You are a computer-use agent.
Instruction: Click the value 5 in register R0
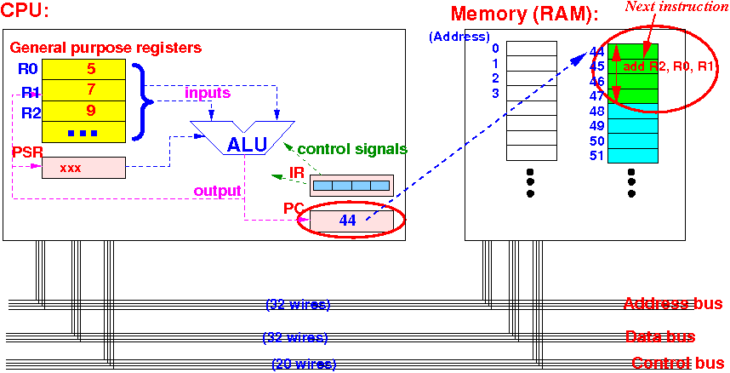point(91,69)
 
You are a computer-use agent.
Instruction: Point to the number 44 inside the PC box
point(348,220)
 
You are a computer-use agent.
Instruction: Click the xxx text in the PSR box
point(71,169)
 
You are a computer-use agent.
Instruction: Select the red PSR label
point(23,152)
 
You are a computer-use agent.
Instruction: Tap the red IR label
point(297,171)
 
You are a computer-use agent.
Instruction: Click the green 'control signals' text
point(352,149)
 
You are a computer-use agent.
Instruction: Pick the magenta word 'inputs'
point(208,93)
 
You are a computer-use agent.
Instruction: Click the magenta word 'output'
point(218,190)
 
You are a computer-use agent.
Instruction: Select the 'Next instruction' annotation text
point(676,7)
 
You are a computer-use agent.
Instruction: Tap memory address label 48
point(596,111)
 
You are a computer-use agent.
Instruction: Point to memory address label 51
point(596,155)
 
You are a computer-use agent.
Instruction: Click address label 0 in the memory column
point(495,48)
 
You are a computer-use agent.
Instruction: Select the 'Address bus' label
point(673,304)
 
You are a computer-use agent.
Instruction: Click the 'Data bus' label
point(660,336)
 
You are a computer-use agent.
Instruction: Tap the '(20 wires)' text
point(304,364)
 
